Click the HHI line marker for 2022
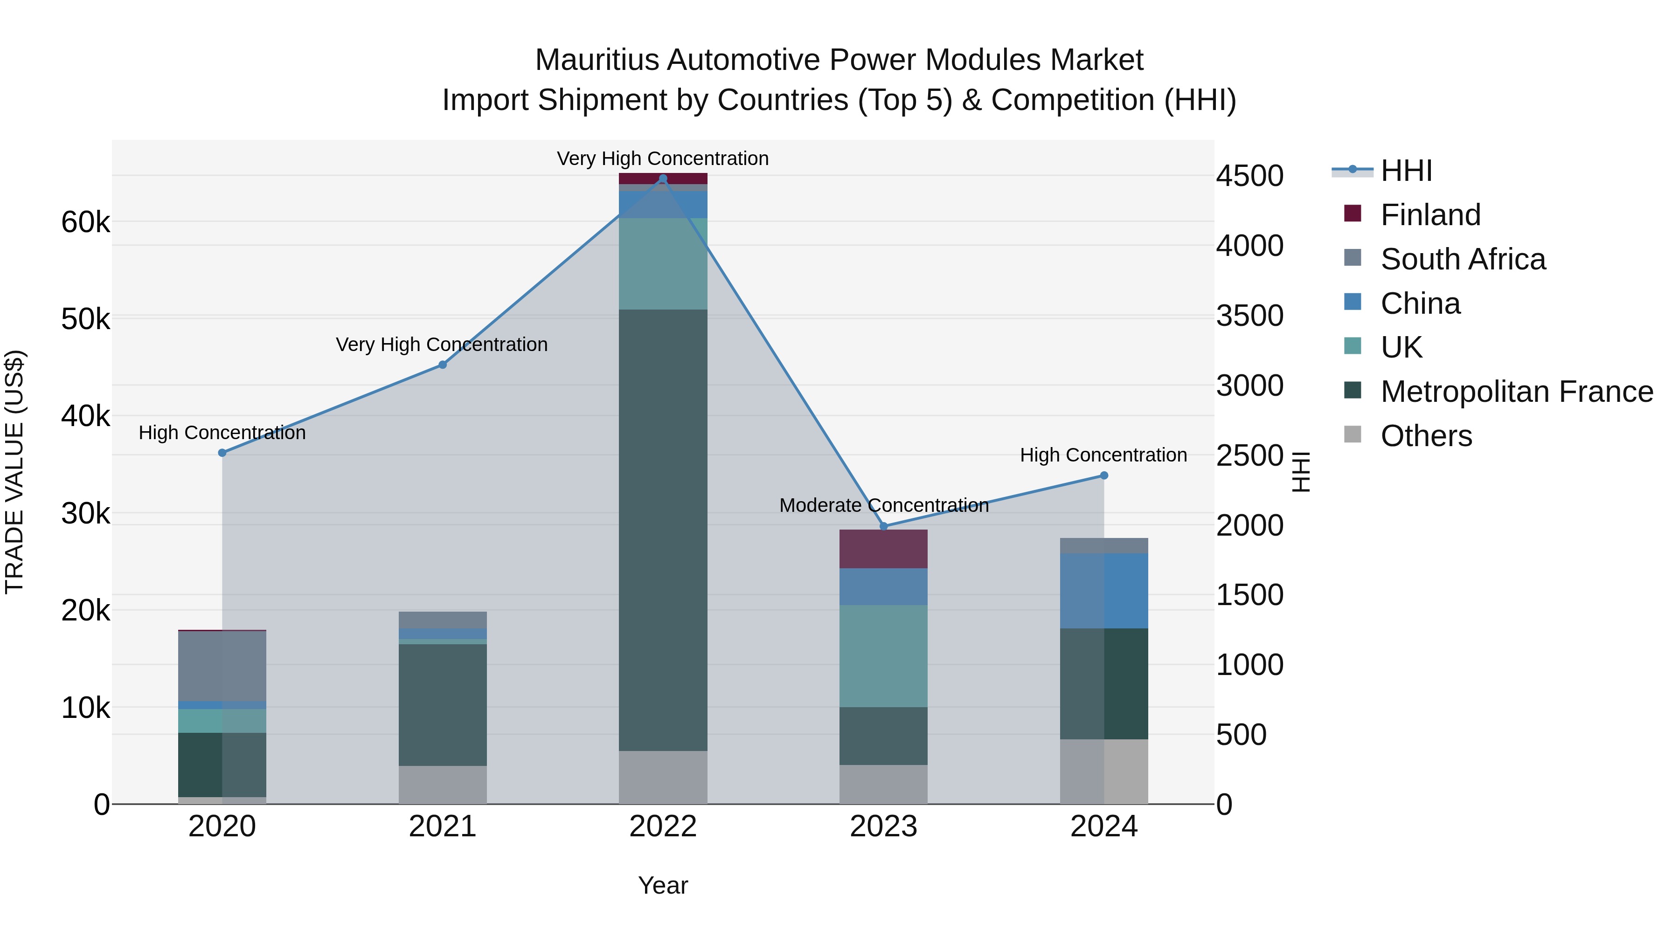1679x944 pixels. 663,179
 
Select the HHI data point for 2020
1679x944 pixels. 222,453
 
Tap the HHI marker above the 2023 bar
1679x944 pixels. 884,526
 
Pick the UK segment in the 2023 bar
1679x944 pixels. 883,655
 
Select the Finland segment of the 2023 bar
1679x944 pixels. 883,549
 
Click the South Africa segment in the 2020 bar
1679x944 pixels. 222,666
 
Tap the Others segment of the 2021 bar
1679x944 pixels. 443,785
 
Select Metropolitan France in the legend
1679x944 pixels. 1516,392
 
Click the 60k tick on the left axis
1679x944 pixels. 85,222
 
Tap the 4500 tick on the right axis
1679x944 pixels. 1249,176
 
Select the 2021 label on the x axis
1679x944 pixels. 443,827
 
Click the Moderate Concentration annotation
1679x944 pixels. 884,505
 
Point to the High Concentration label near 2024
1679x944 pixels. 1103,455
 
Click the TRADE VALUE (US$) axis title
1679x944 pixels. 14,472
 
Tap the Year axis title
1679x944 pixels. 663,885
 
